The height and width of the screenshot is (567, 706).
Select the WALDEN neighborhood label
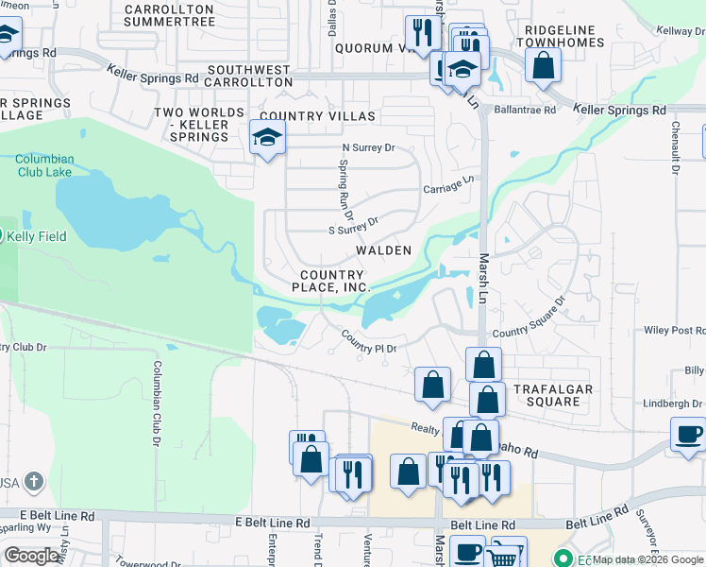(382, 250)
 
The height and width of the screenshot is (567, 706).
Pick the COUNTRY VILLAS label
(318, 116)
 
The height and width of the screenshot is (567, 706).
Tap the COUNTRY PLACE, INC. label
(329, 280)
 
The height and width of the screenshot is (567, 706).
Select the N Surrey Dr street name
(367, 147)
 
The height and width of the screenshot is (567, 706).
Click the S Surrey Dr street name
(352, 224)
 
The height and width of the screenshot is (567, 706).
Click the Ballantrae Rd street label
(525, 110)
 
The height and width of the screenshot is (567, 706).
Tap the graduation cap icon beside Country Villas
(268, 139)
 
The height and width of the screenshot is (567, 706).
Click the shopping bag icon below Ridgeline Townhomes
(544, 65)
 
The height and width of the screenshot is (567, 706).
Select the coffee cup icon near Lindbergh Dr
(688, 433)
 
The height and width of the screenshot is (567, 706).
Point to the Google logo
(32, 556)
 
